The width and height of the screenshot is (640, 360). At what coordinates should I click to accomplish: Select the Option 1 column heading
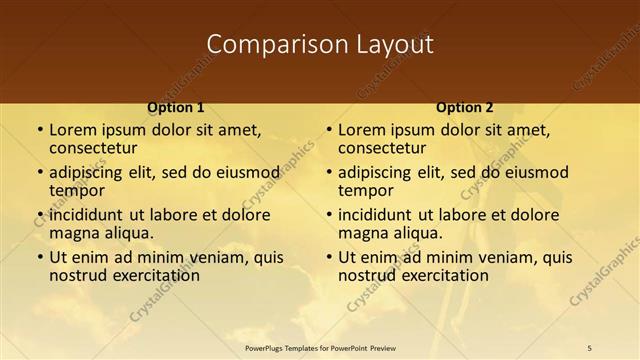(176, 107)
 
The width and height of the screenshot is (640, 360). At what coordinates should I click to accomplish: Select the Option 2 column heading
(465, 107)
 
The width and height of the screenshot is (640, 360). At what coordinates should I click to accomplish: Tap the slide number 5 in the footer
(590, 347)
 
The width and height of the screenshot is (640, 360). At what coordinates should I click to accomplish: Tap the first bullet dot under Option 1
(39, 130)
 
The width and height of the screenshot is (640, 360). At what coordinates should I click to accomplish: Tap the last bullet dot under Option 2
(328, 257)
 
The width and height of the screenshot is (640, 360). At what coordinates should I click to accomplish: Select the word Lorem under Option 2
(361, 129)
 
